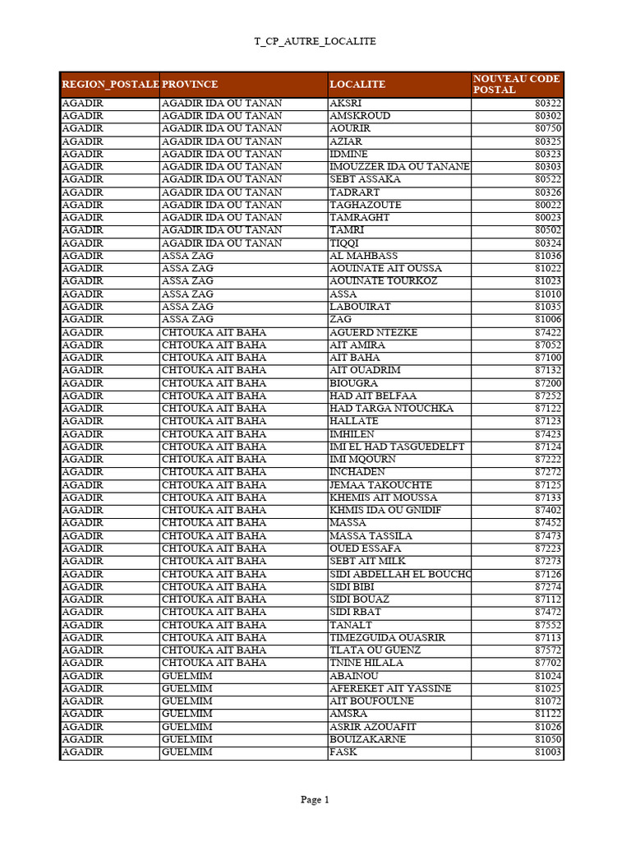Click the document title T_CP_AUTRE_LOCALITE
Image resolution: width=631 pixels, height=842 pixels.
(x=315, y=41)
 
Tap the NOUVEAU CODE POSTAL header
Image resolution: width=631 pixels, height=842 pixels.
(x=516, y=84)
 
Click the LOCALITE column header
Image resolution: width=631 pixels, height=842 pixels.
(x=357, y=85)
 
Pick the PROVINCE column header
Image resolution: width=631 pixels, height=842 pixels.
(x=190, y=85)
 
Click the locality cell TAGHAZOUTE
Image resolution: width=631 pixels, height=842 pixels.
(x=366, y=205)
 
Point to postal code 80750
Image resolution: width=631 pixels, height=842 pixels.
(x=548, y=128)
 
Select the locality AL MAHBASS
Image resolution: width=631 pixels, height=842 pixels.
(x=363, y=256)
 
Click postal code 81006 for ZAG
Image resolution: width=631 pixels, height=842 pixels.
(x=548, y=319)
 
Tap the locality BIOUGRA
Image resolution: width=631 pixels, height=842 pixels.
(x=354, y=383)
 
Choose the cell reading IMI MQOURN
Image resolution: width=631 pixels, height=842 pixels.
(x=362, y=460)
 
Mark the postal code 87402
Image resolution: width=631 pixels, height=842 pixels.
(x=548, y=511)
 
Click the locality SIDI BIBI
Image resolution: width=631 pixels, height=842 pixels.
(x=352, y=587)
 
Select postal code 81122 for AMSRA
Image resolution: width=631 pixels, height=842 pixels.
(x=548, y=714)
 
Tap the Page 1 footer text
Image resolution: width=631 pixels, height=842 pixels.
(x=315, y=799)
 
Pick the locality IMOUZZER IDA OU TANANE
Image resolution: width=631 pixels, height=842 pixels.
(x=399, y=166)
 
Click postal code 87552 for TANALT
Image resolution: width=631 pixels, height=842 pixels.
(x=548, y=625)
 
